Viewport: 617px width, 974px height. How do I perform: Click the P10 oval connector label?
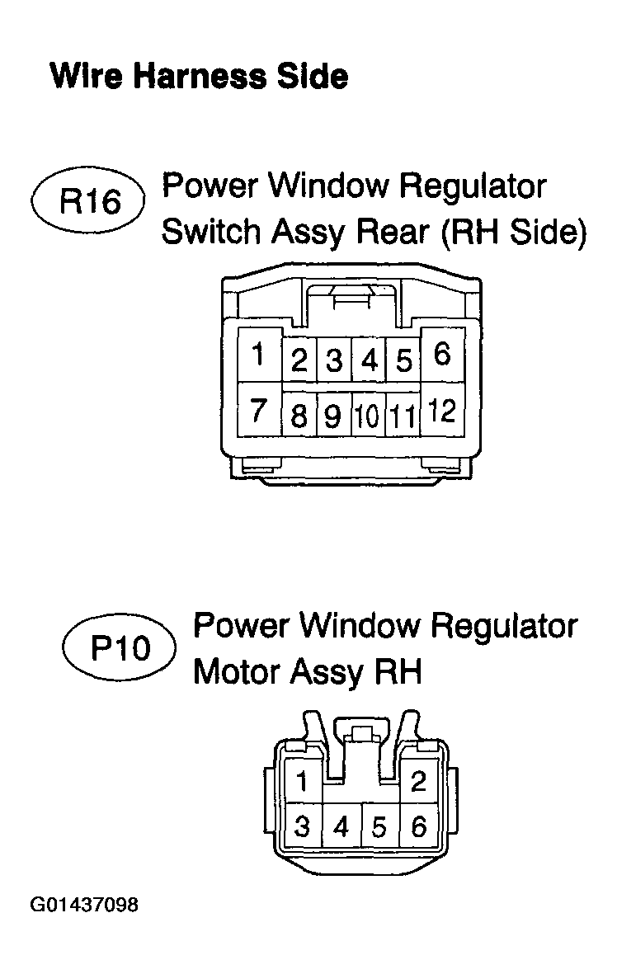tap(120, 648)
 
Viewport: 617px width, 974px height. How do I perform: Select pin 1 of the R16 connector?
tap(259, 355)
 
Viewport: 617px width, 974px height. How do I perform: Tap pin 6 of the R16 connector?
tap(442, 355)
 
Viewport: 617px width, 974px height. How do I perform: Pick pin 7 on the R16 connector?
tap(259, 410)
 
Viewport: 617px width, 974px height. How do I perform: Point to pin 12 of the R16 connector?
tap(442, 410)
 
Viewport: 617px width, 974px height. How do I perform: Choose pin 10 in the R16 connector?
tap(369, 415)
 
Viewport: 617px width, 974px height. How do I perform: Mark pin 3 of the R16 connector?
tap(334, 360)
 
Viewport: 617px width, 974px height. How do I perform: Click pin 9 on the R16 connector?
tap(334, 415)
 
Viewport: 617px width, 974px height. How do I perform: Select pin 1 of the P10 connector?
tap(303, 781)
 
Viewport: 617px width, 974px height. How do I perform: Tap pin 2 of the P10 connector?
tap(418, 781)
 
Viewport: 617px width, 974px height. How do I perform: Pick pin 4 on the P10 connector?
tap(341, 826)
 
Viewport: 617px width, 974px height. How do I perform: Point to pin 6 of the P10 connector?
tap(419, 826)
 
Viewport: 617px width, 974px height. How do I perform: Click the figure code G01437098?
tap(84, 905)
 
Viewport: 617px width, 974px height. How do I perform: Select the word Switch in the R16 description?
tap(210, 232)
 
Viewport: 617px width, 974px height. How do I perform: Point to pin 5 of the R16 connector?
tap(403, 360)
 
